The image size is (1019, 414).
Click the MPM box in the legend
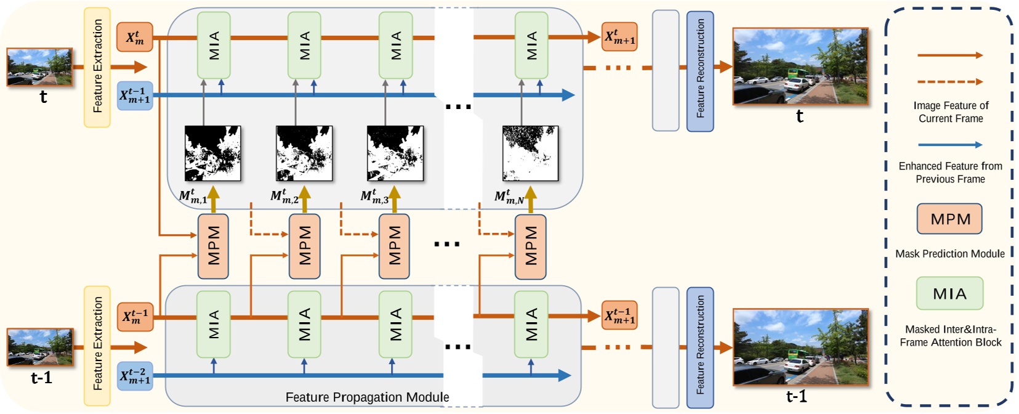click(x=949, y=219)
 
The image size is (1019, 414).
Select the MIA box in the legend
click(x=949, y=293)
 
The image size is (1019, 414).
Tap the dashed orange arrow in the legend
click(x=949, y=81)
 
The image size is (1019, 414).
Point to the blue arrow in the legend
click(x=949, y=145)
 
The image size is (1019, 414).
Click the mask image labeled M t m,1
click(x=212, y=153)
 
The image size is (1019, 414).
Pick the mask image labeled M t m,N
click(x=530, y=153)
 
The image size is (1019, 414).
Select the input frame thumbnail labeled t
click(x=39, y=67)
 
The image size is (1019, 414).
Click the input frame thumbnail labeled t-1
click(x=40, y=347)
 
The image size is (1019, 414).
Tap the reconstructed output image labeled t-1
click(x=800, y=347)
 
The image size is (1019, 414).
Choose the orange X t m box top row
click(x=135, y=37)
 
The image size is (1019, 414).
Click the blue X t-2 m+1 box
click(x=135, y=376)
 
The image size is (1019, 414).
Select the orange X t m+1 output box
click(x=619, y=37)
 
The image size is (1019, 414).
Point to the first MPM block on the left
click(x=213, y=246)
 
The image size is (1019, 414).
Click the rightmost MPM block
click(x=530, y=246)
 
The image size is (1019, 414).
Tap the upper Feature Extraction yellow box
click(x=97, y=67)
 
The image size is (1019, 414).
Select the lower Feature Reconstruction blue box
click(x=700, y=347)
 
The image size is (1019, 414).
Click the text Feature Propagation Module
click(x=367, y=397)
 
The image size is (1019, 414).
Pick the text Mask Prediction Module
click(x=949, y=254)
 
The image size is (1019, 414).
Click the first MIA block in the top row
click(x=214, y=45)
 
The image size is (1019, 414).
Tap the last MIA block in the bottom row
click(x=531, y=324)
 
